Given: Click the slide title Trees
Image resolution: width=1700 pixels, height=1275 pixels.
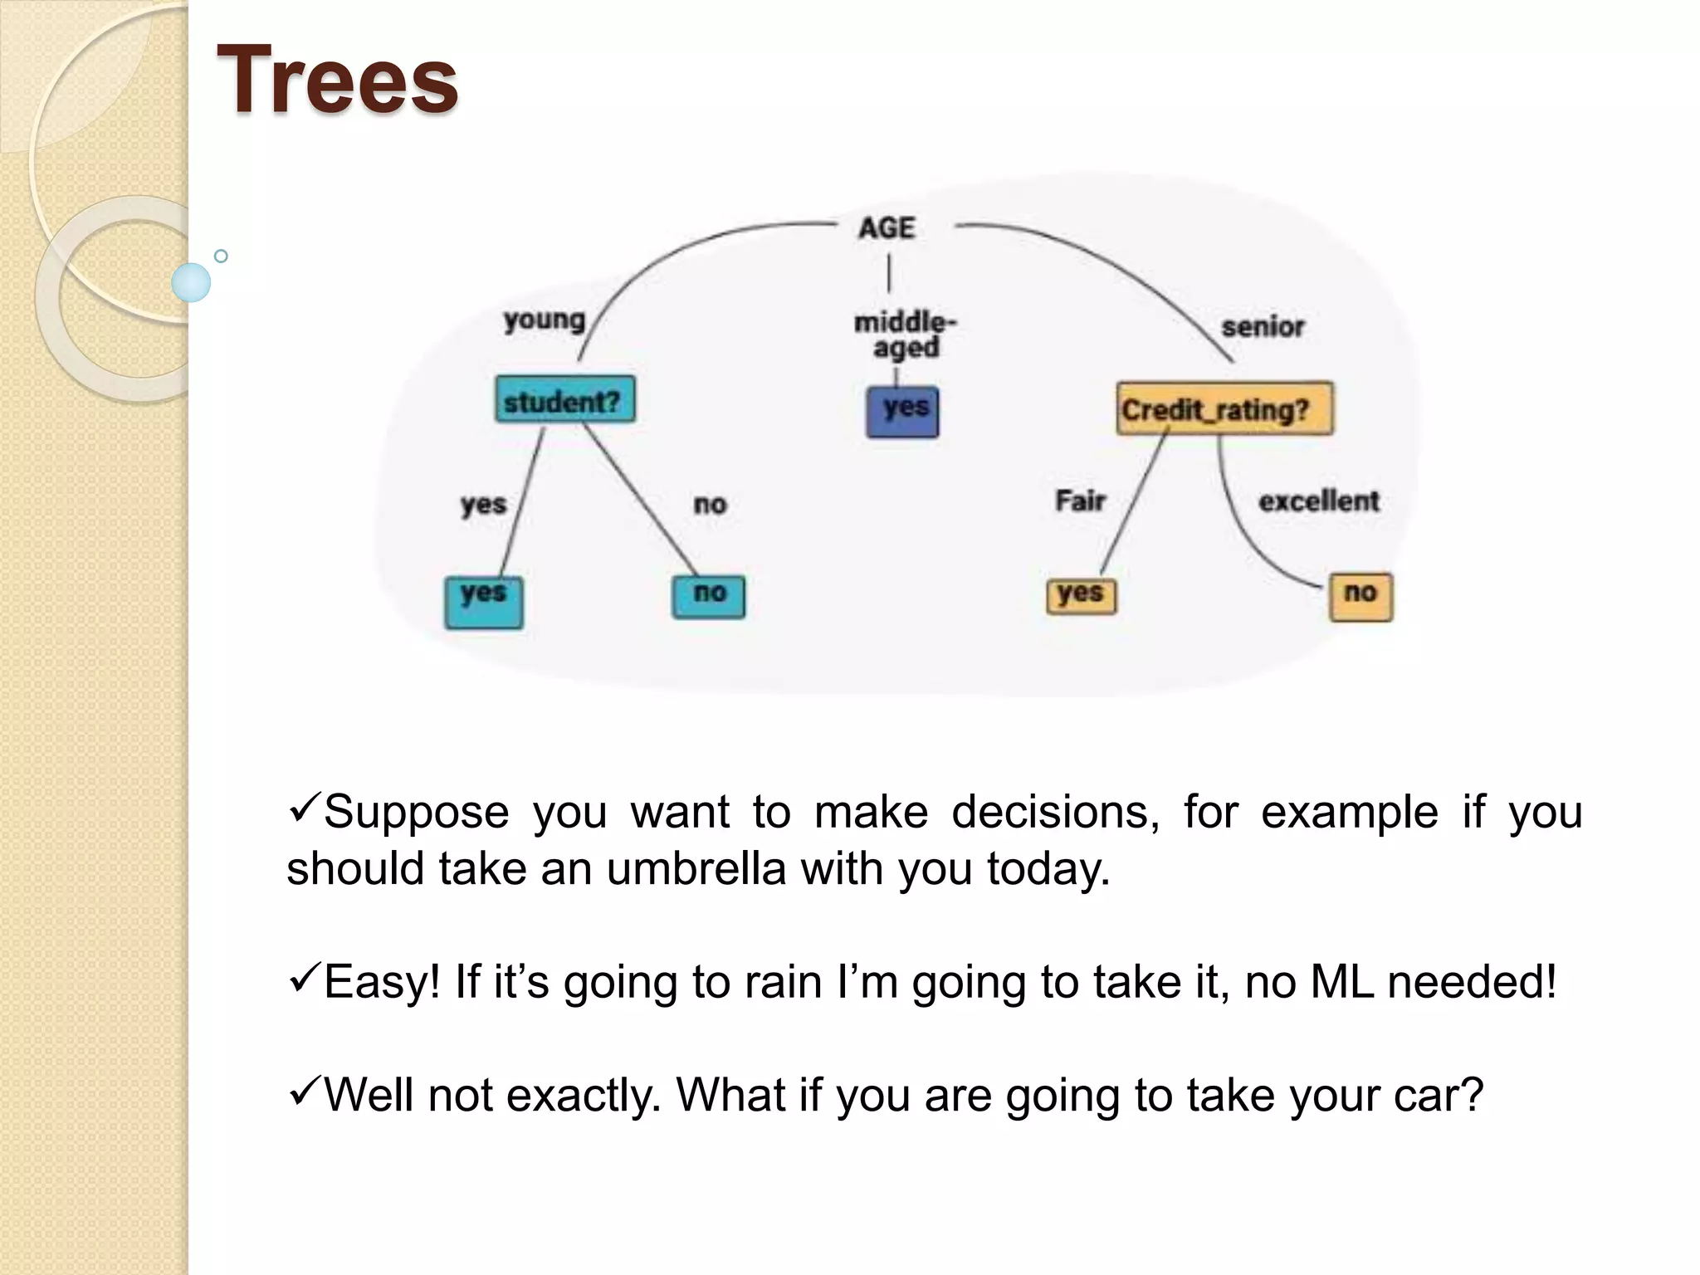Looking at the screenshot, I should (x=337, y=80).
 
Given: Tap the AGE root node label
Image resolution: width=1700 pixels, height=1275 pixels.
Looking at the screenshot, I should (x=887, y=227).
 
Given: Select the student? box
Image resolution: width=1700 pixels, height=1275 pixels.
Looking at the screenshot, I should (x=564, y=401).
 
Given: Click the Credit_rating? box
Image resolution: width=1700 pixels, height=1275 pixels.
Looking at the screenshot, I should (x=1224, y=409).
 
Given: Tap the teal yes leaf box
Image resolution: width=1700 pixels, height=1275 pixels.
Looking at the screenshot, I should (x=484, y=602).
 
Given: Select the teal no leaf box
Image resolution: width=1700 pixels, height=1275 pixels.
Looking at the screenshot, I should (x=708, y=596).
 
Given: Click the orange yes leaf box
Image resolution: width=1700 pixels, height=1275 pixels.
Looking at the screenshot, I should (x=1081, y=595).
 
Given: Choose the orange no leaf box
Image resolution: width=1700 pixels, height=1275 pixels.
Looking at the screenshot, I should (x=1360, y=597).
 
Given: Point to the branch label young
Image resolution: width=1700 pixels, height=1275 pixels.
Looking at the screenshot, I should (x=545, y=320).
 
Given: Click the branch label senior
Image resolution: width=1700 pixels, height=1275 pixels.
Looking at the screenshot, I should (x=1263, y=327).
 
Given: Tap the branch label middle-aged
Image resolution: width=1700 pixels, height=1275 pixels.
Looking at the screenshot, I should (x=905, y=334).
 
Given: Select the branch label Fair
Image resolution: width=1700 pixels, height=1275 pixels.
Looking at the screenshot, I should (x=1080, y=501).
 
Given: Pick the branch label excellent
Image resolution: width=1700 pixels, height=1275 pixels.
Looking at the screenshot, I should (x=1318, y=501).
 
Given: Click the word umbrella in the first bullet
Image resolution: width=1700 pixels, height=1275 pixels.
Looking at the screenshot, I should (x=696, y=869).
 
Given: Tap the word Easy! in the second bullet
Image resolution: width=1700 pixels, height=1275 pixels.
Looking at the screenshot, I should (x=382, y=982).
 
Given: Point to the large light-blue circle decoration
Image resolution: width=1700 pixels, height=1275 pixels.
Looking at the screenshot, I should (x=191, y=282).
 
